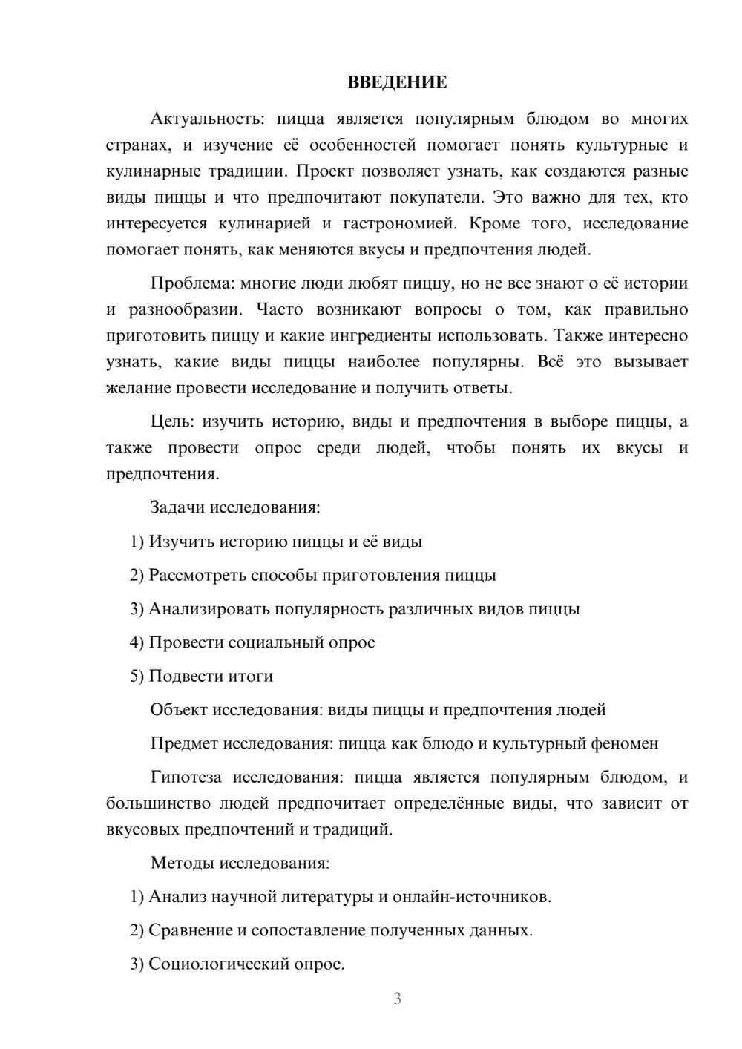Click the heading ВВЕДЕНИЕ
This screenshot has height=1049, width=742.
397,82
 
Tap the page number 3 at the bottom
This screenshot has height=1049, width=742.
397,999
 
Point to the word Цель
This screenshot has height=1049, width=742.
171,422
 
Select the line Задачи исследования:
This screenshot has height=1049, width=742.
235,507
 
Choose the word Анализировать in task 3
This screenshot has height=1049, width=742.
209,609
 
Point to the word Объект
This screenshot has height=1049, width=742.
179,710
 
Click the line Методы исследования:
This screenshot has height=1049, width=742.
240,863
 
